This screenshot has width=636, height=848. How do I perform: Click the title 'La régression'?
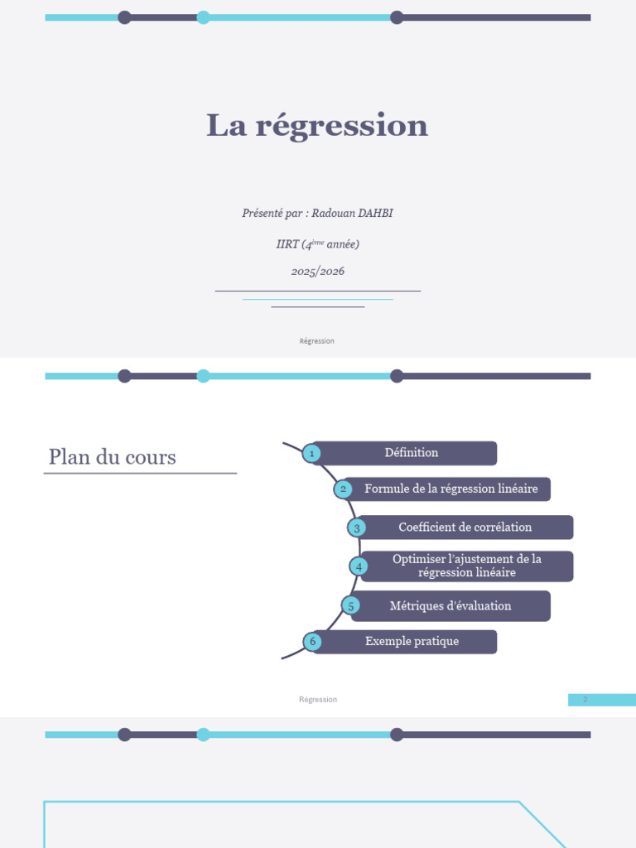(317, 126)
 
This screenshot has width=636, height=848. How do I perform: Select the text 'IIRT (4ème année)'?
(318, 244)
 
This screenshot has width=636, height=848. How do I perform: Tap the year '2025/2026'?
(318, 272)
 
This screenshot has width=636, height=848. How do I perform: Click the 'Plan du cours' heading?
(113, 457)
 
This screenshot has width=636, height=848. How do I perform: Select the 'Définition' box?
(412, 453)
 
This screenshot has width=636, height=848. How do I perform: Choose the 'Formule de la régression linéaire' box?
(450, 489)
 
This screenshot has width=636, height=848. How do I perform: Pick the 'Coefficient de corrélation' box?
(465, 528)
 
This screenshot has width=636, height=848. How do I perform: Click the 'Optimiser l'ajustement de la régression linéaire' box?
(466, 566)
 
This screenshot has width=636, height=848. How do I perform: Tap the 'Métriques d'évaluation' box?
(450, 606)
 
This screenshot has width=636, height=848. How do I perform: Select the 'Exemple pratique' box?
(412, 642)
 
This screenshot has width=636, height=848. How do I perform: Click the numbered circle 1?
(311, 453)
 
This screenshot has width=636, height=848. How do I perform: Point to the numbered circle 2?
(343, 489)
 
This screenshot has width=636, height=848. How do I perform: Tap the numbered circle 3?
(357, 528)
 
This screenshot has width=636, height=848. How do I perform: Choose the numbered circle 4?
(359, 566)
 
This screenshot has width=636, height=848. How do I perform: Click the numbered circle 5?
(351, 606)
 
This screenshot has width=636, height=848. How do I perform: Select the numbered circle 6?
(312, 642)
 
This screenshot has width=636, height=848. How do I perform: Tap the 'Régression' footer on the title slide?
(317, 341)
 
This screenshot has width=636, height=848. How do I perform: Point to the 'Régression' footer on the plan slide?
(318, 700)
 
